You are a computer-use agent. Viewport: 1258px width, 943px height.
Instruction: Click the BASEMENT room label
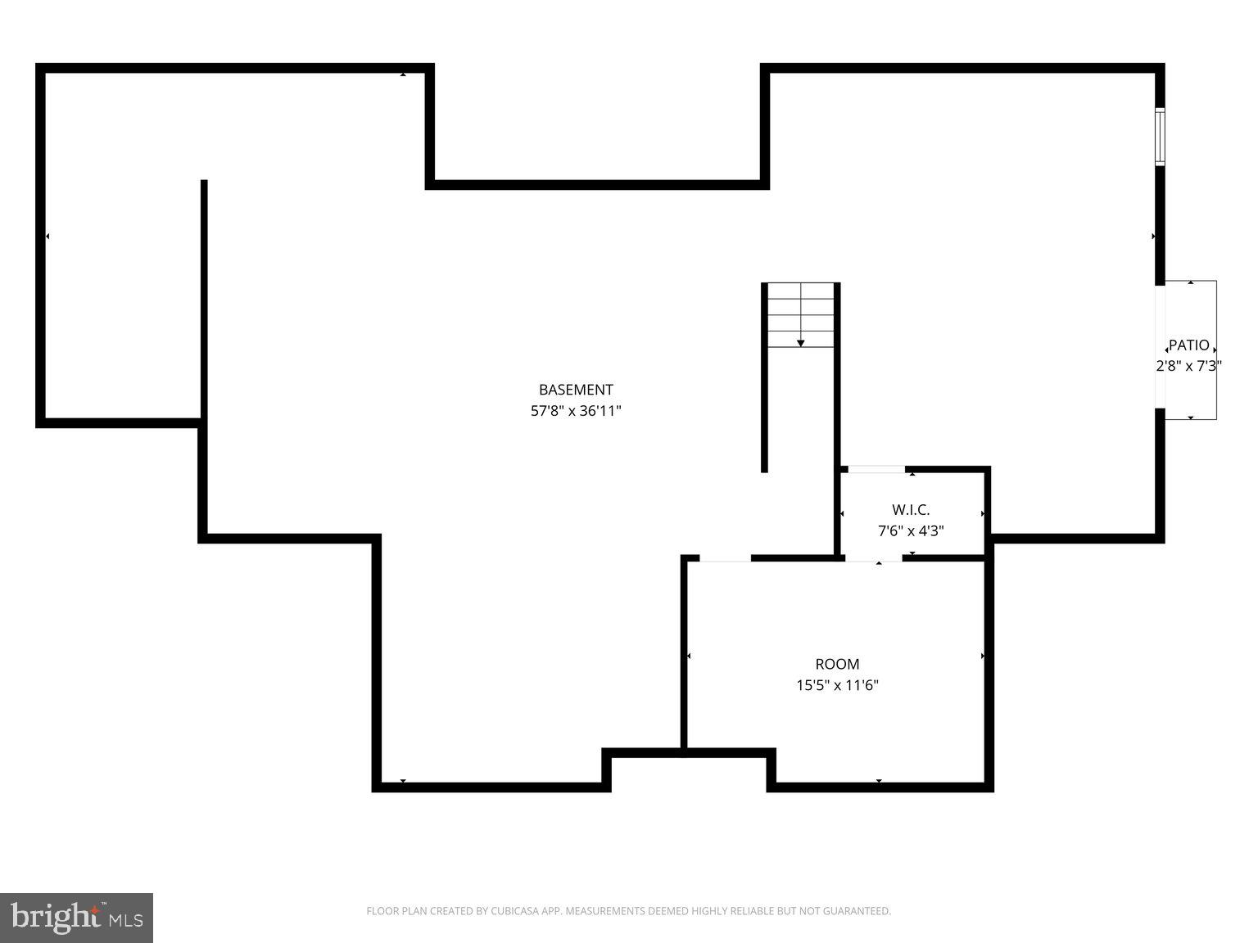[x=575, y=390]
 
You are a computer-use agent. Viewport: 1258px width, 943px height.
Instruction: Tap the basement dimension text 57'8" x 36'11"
[x=576, y=411]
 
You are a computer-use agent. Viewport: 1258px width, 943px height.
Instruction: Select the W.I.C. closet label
[x=911, y=510]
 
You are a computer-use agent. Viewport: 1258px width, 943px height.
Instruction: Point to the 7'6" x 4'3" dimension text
[x=911, y=530]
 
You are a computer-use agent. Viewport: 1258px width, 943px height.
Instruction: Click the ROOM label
[x=837, y=664]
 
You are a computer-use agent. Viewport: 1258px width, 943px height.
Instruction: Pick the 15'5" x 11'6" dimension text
[x=837, y=685]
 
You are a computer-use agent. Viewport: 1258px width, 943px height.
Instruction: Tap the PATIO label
[x=1188, y=345]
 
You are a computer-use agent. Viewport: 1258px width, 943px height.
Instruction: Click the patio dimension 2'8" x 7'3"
[x=1188, y=366]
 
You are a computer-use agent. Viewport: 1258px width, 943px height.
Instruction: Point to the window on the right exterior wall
[x=1160, y=137]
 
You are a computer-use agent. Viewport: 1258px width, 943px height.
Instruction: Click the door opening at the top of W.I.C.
[x=876, y=469]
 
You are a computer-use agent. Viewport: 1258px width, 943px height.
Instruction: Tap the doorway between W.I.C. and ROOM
[x=874, y=558]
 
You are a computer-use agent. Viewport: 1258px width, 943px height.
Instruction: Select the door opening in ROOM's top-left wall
[x=725, y=559]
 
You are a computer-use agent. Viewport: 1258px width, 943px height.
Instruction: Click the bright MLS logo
[x=77, y=917]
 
